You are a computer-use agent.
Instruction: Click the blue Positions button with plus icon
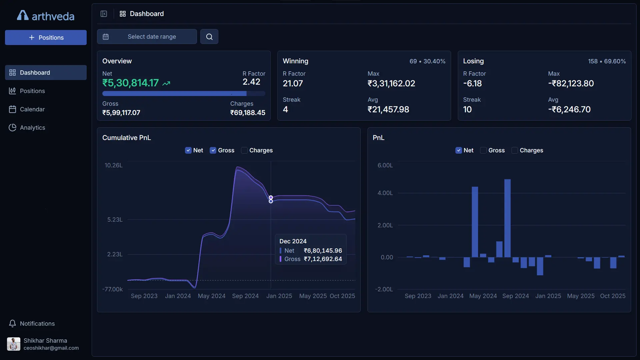coord(46,37)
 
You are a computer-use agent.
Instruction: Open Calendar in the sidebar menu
coord(32,109)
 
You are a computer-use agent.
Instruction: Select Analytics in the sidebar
coord(32,128)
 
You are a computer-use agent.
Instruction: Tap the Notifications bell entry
coord(37,323)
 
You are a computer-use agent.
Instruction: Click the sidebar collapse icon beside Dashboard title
coord(104,14)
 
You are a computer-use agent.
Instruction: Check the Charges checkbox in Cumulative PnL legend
coord(244,150)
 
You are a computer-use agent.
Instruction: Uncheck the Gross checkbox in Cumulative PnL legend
coord(213,150)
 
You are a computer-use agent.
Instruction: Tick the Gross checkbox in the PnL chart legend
coord(483,150)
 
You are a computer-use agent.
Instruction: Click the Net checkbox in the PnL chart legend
coord(459,150)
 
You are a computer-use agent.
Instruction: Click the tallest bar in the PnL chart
coord(507,218)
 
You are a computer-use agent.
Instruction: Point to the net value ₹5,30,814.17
coord(130,83)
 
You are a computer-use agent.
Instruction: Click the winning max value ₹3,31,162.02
coord(391,83)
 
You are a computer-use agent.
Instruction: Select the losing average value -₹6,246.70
coord(569,109)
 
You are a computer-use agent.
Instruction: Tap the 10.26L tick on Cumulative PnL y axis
coord(113,165)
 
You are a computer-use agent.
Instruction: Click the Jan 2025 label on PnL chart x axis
coord(548,296)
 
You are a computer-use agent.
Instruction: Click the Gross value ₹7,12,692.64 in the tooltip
coord(323,259)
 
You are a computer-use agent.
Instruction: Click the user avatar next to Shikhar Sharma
coord(14,344)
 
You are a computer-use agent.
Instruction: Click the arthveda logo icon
coord(23,15)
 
